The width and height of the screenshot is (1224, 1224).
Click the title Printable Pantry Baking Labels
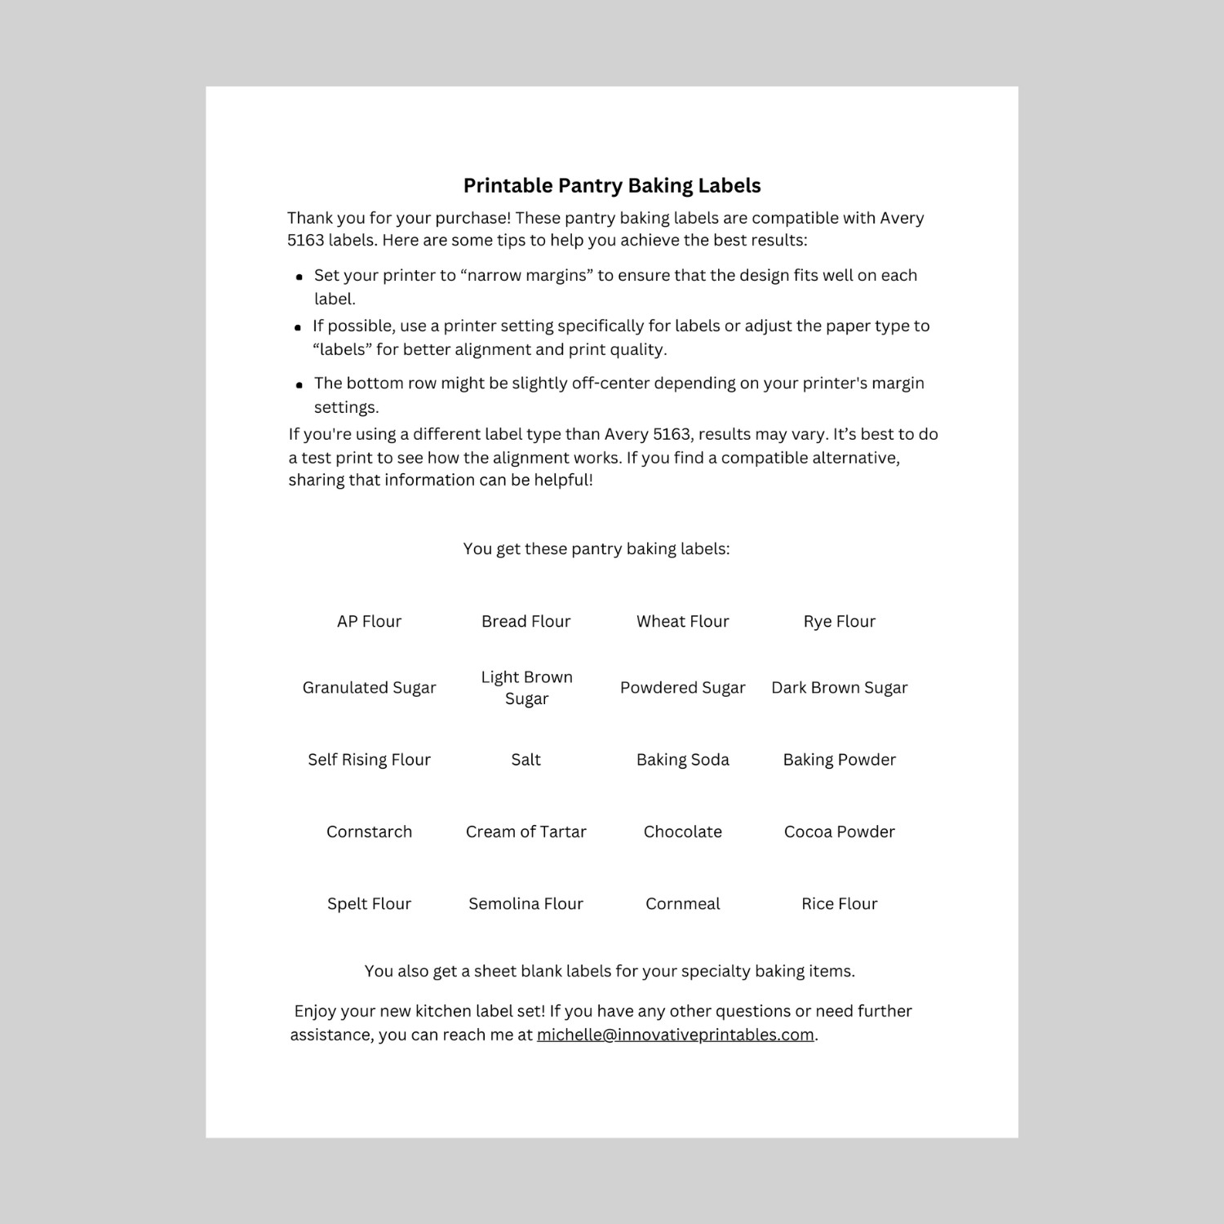(612, 186)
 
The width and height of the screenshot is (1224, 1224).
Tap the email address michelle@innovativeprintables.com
(675, 1035)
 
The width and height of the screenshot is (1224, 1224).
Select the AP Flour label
(369, 622)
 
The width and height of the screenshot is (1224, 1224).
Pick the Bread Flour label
(526, 622)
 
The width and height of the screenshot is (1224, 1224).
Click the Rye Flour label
(839, 622)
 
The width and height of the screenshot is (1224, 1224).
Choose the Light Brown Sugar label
(526, 688)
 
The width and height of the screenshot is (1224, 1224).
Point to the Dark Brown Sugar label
(839, 688)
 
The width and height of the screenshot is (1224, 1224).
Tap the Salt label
(526, 760)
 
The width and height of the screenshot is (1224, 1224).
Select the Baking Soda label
(682, 760)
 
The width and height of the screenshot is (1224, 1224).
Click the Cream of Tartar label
(526, 832)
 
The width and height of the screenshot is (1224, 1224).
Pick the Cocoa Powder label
(839, 832)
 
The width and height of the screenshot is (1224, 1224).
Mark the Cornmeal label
(682, 904)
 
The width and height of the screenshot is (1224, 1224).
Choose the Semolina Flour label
(526, 904)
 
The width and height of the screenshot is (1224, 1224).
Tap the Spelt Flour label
(369, 904)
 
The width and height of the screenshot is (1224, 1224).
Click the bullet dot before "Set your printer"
(299, 277)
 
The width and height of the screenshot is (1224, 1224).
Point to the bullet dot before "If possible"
(298, 328)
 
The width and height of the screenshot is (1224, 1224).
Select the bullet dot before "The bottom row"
(299, 385)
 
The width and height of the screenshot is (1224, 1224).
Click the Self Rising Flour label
(369, 760)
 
